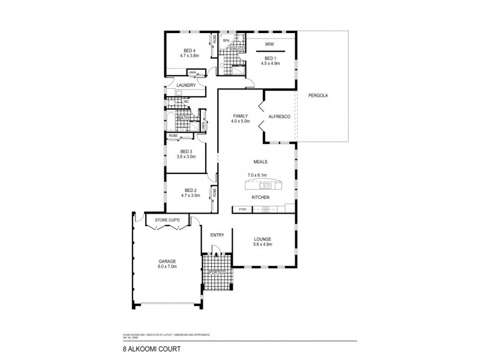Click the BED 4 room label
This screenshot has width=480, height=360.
click(189, 50)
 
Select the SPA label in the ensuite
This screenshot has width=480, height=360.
click(226, 41)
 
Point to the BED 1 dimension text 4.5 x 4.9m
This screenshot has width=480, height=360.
click(271, 62)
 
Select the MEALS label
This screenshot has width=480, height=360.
click(260, 162)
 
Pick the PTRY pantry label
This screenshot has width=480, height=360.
click(243, 209)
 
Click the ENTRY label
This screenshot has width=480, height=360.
click(217, 235)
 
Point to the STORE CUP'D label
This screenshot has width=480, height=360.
click(167, 220)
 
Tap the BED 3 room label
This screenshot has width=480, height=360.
click(185, 151)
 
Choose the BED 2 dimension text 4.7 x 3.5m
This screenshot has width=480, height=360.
click(188, 196)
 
